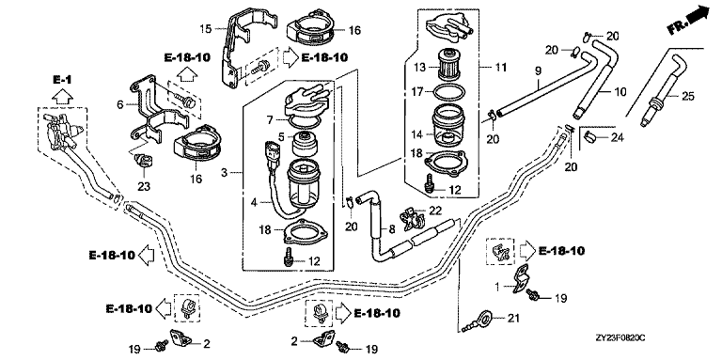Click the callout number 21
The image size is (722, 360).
[x=512, y=317]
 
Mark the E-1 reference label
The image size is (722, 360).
[x=62, y=80]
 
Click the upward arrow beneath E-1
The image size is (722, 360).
[x=63, y=96]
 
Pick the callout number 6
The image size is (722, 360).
[x=120, y=104]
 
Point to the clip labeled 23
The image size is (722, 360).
[x=143, y=162]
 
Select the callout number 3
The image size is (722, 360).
[x=225, y=173]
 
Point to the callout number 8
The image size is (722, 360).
[x=392, y=228]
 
